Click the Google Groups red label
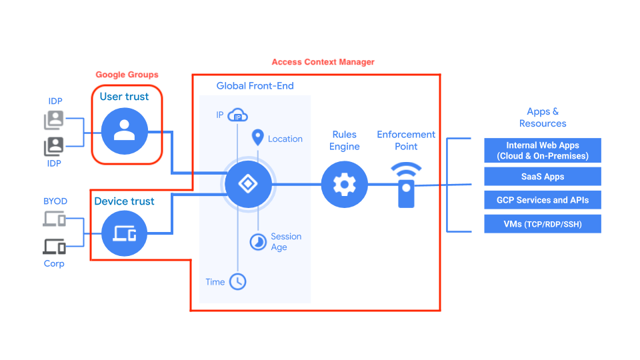[127, 75]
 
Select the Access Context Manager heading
[323, 62]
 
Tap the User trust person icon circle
[124, 131]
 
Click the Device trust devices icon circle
[124, 233]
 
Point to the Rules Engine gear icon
[344, 184]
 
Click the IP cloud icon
[238, 116]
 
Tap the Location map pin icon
[257, 138]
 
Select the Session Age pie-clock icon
[258, 242]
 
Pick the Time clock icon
[237, 281]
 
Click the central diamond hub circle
[247, 184]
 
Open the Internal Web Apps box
[543, 151]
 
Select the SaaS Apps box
[543, 177]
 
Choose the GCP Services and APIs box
[543, 200]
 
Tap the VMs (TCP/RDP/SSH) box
[543, 224]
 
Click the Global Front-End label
[255, 86]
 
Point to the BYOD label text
[55, 201]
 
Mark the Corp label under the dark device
[54, 263]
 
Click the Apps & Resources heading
[543, 117]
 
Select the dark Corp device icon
[54, 246]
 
